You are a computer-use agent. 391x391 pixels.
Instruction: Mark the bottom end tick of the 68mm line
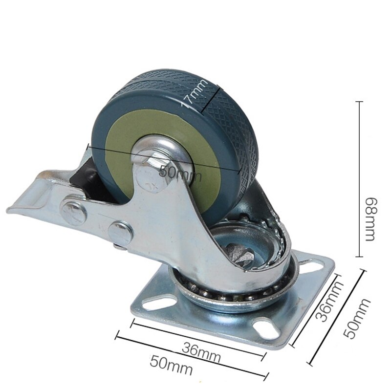pos(361,257)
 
